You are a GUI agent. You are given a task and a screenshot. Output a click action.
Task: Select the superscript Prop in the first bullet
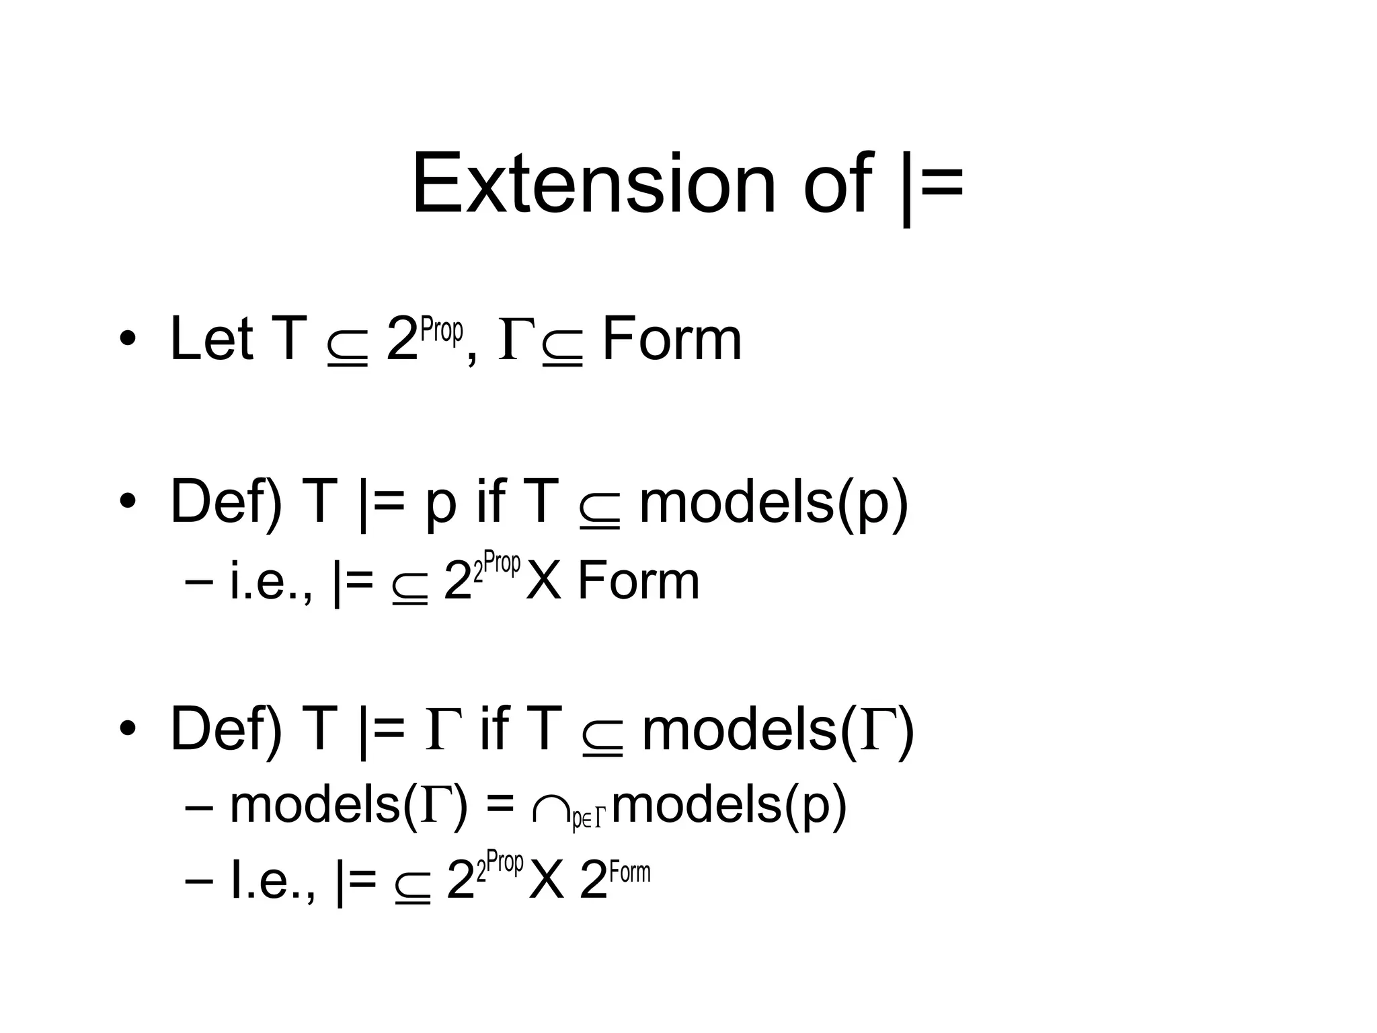[x=441, y=331]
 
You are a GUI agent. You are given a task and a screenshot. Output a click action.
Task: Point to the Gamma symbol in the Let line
[x=516, y=340]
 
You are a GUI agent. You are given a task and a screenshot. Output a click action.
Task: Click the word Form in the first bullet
[x=672, y=339]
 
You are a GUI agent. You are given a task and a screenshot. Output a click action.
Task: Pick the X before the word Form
[x=543, y=581]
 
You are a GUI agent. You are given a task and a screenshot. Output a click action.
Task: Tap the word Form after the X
[x=638, y=581]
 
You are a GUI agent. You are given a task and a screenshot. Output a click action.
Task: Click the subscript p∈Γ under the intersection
[x=588, y=819]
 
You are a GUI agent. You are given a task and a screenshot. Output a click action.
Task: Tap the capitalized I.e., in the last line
[x=272, y=880]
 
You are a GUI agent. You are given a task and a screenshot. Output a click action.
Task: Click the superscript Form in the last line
[x=630, y=872]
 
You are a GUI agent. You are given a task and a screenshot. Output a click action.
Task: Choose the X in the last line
[x=546, y=880]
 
